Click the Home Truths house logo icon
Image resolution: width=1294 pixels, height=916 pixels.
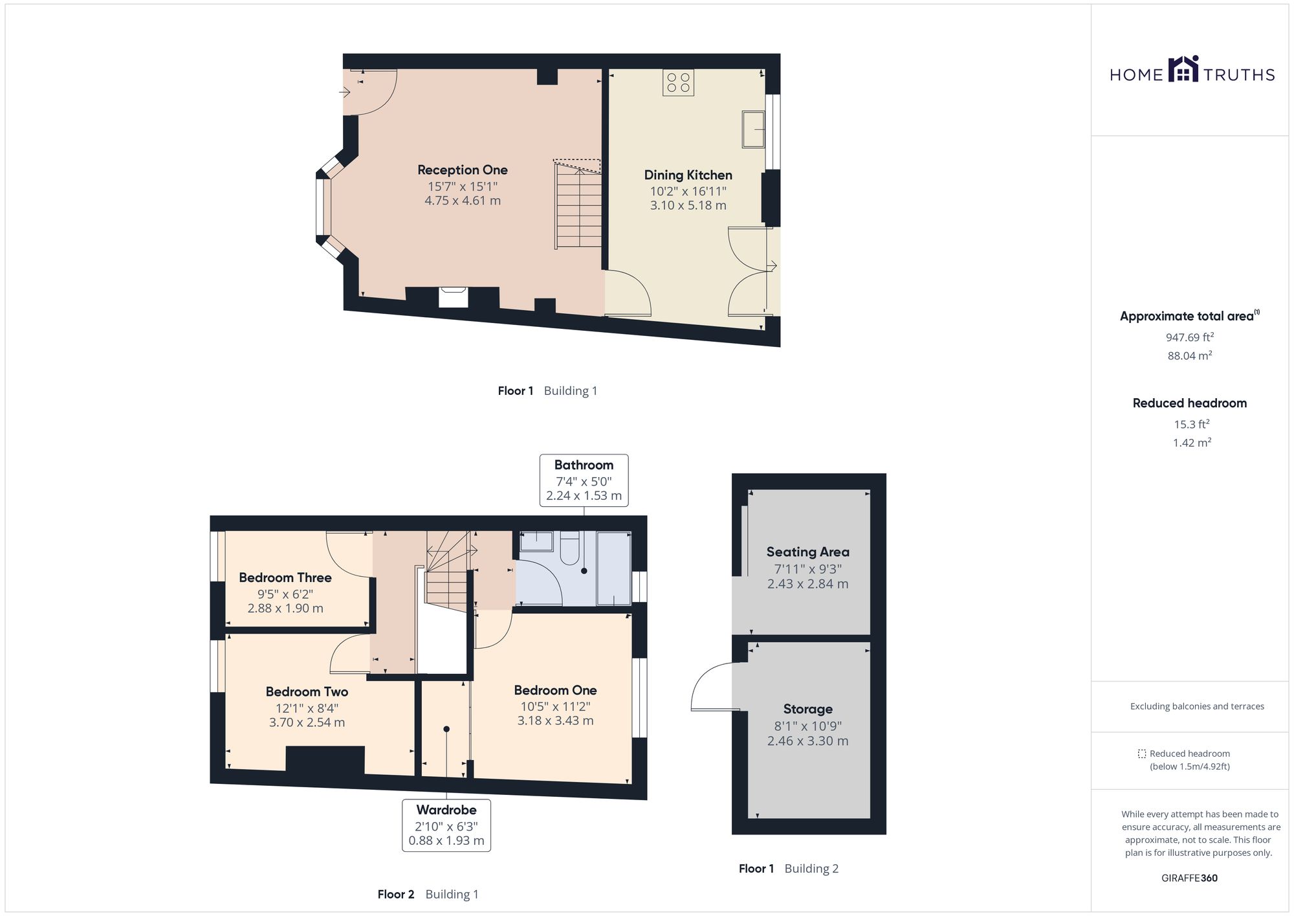[x=1183, y=69]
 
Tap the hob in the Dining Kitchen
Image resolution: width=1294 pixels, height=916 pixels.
[x=678, y=83]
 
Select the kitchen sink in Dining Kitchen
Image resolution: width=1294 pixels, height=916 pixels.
[x=753, y=129]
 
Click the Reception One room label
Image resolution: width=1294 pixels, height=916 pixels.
[x=462, y=170]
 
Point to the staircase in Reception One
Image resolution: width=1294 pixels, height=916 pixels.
[x=578, y=206]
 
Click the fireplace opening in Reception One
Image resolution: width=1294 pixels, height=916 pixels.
[x=453, y=297]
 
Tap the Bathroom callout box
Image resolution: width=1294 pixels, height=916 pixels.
[x=584, y=480]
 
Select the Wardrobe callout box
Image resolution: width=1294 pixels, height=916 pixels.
[x=446, y=825]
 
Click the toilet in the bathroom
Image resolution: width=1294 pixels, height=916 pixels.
[x=569, y=548]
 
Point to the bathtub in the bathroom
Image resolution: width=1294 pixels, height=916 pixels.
[x=613, y=568]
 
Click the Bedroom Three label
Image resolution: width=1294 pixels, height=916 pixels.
[x=285, y=577]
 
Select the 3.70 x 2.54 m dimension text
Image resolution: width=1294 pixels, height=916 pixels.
[x=307, y=722]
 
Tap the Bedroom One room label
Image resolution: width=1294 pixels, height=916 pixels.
[x=555, y=690]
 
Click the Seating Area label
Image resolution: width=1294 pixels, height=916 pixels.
[x=807, y=552]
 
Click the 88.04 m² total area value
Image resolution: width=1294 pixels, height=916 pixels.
[x=1189, y=355]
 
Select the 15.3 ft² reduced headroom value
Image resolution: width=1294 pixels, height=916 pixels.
[x=1191, y=425]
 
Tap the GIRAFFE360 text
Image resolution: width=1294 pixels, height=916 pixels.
[x=1189, y=878]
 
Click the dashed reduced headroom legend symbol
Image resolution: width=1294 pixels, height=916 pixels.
[x=1142, y=754]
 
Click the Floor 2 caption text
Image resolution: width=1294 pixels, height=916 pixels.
[x=395, y=894]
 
